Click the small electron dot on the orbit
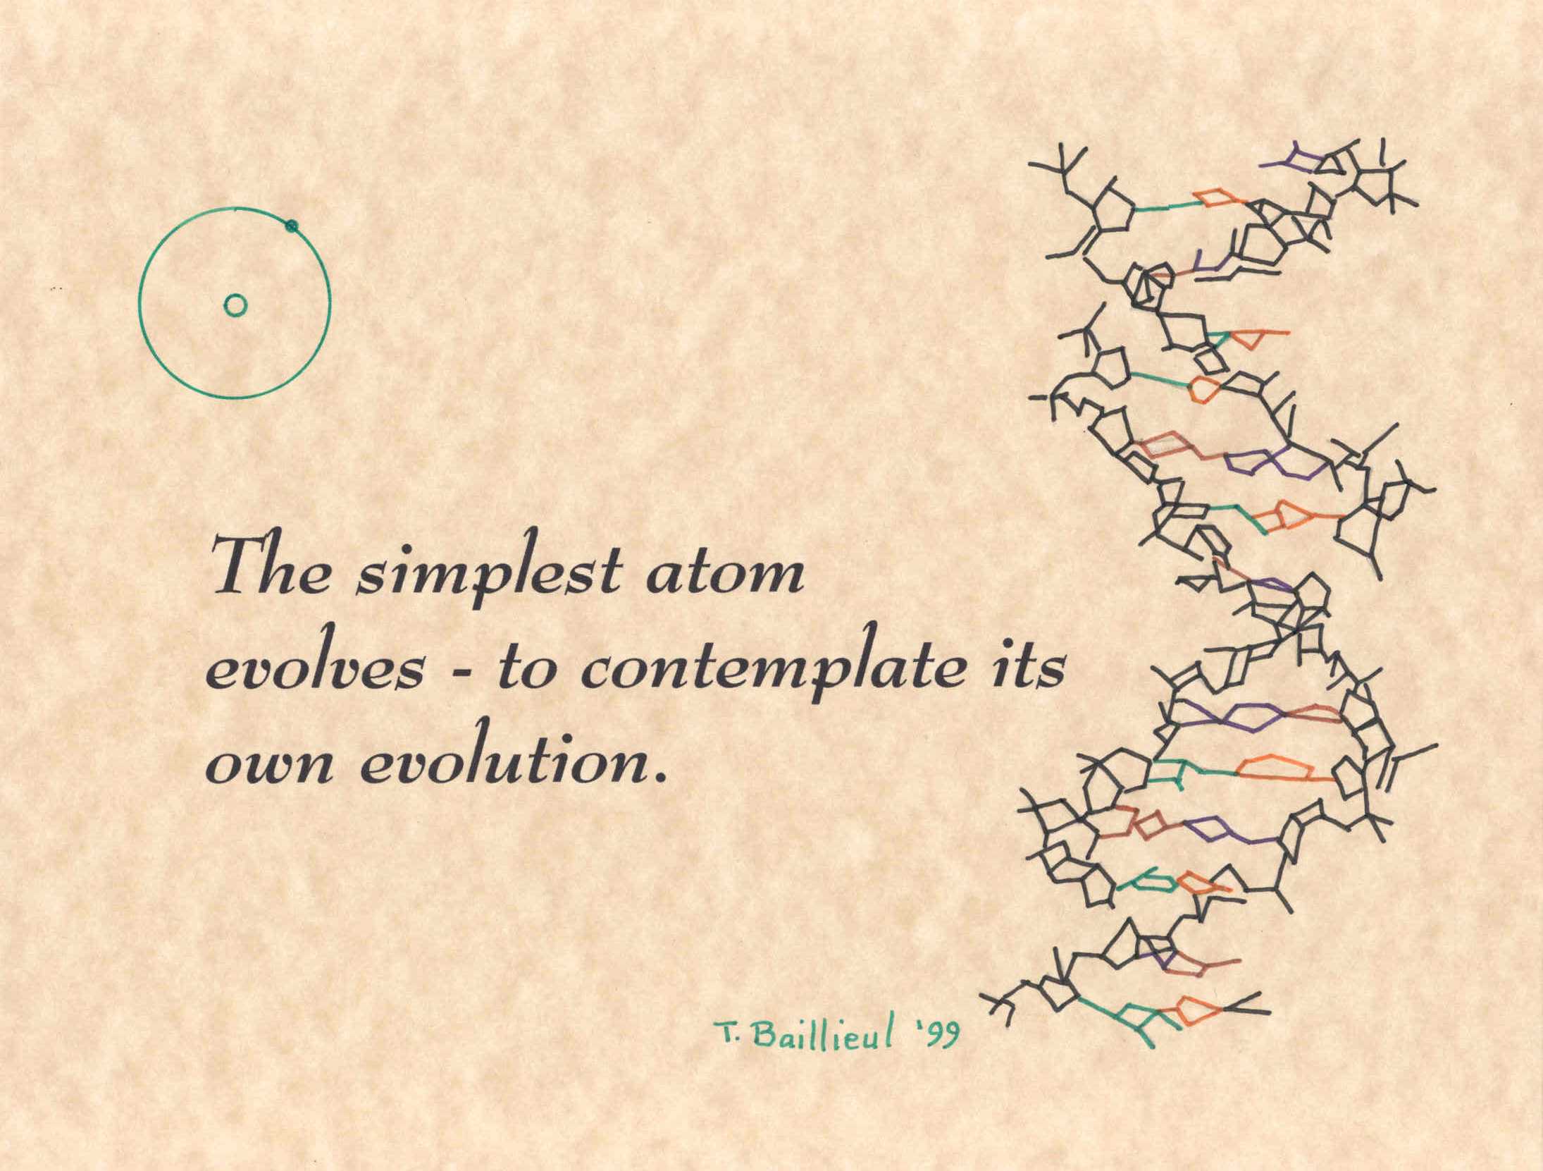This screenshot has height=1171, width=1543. [x=291, y=226]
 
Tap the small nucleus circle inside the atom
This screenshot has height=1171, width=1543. [x=235, y=305]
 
